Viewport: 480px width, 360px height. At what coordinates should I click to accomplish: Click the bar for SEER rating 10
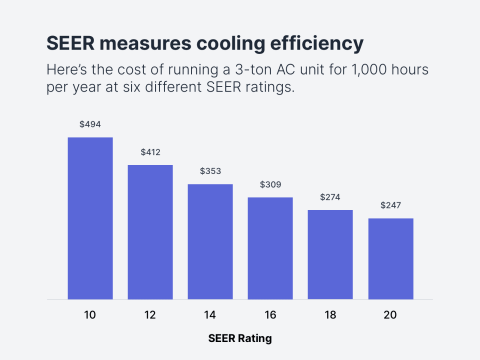pos(90,218)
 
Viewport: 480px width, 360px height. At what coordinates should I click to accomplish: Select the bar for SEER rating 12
pos(150,232)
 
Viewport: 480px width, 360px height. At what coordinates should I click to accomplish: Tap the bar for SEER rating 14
pos(210,241)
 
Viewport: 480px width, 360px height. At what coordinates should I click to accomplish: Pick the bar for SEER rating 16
pos(270,248)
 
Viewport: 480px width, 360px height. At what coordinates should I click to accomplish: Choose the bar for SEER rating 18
pos(330,254)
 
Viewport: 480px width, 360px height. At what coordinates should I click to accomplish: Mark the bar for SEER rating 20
pos(390,258)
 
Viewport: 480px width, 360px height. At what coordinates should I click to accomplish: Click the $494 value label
pos(90,124)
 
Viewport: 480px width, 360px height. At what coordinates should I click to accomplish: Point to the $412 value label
pos(150,152)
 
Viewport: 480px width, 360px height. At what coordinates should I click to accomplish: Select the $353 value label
pos(210,171)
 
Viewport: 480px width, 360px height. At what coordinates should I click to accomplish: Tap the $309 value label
pos(270,185)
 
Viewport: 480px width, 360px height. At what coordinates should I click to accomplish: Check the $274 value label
pos(330,197)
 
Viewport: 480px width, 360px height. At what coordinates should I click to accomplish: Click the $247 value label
pos(390,205)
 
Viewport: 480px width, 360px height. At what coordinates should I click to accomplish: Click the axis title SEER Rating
pos(240,338)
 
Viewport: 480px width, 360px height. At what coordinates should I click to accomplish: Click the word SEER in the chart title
pos(71,43)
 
